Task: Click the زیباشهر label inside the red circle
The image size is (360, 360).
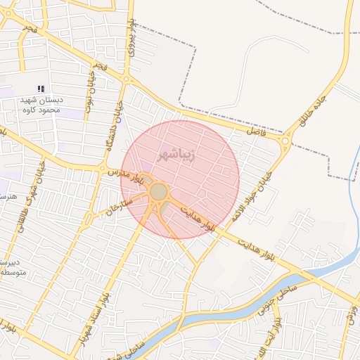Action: click(x=176, y=153)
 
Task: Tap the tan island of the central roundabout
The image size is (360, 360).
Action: click(x=159, y=191)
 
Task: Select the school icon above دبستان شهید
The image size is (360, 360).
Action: click(x=41, y=89)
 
